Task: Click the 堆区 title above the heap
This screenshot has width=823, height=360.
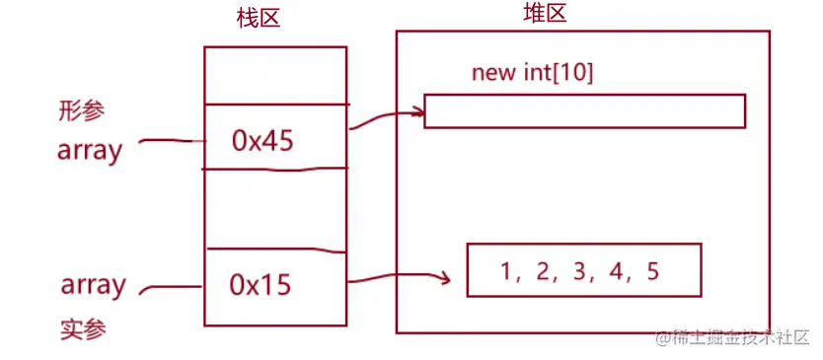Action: pyautogui.click(x=545, y=14)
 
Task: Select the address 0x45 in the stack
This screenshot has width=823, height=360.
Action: pyautogui.click(x=262, y=141)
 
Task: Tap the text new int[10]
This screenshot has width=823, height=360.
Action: pyautogui.click(x=532, y=73)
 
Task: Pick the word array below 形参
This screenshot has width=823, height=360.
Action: pyautogui.click(x=90, y=151)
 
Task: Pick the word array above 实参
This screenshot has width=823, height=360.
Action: pyautogui.click(x=94, y=286)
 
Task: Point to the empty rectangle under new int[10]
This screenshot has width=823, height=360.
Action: pyautogui.click(x=584, y=110)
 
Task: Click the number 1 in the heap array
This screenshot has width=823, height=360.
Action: pyautogui.click(x=505, y=271)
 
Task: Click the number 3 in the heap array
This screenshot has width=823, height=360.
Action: pyautogui.click(x=579, y=271)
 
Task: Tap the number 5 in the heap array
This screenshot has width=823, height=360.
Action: pyautogui.click(x=652, y=271)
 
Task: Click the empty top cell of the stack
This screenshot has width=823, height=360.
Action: pyautogui.click(x=275, y=75)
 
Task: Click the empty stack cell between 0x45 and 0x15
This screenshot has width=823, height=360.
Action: pyautogui.click(x=275, y=209)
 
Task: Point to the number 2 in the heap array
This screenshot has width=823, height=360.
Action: pyautogui.click(x=542, y=271)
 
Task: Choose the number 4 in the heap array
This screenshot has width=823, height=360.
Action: pyautogui.click(x=617, y=271)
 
